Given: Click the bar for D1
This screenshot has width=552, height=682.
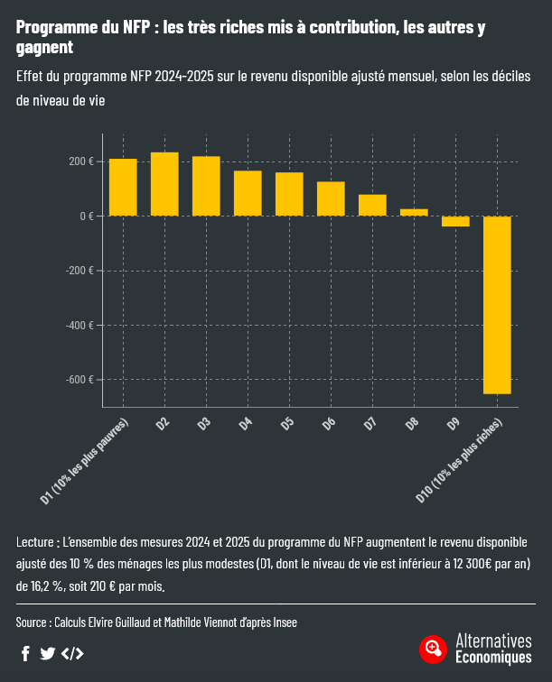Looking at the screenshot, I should pyautogui.click(x=123, y=188).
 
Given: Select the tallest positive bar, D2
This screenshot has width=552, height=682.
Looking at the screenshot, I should pyautogui.click(x=164, y=184).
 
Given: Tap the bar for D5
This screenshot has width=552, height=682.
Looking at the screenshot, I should pyautogui.click(x=289, y=194).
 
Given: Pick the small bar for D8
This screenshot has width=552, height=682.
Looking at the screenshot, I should pyautogui.click(x=414, y=212).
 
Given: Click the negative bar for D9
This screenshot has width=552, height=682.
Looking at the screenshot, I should pyautogui.click(x=455, y=221).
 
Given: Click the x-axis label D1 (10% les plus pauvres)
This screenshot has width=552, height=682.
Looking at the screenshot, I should pyautogui.click(x=87, y=459).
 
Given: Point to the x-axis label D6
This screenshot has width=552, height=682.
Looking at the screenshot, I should pyautogui.click(x=329, y=423).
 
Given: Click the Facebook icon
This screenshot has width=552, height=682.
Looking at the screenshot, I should pyautogui.click(x=25, y=653).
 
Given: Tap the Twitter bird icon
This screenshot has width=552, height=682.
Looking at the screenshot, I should pyautogui.click(x=48, y=653).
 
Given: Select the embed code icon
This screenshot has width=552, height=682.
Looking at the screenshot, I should pyautogui.click(x=72, y=653).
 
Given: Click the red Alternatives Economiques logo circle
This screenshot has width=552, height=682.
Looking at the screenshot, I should pyautogui.click(x=433, y=649).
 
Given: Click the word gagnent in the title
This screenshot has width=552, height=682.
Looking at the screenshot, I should pyautogui.click(x=44, y=47).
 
